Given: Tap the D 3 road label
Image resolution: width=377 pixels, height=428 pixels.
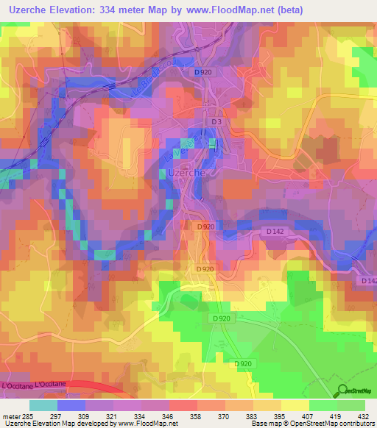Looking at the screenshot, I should (x=216, y=121).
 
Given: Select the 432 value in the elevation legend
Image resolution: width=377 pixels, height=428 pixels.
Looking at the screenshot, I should (x=362, y=415).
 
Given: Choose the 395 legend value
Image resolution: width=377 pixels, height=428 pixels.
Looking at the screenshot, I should (x=280, y=415).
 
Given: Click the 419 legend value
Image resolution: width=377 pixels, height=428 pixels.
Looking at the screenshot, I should (x=335, y=415).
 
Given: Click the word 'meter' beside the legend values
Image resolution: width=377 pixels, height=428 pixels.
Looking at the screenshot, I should (x=12, y=415).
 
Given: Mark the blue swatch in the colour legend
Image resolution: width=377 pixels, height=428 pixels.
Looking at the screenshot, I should (x=71, y=405).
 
